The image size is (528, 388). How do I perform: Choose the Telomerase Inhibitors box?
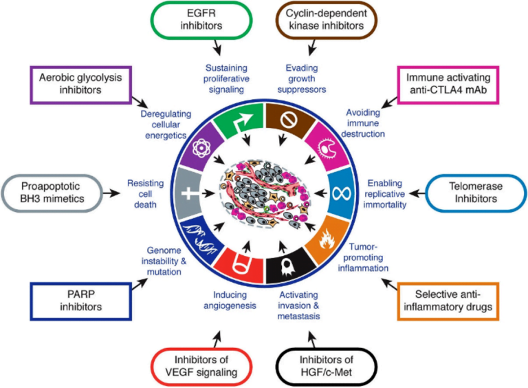point(471,192)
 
